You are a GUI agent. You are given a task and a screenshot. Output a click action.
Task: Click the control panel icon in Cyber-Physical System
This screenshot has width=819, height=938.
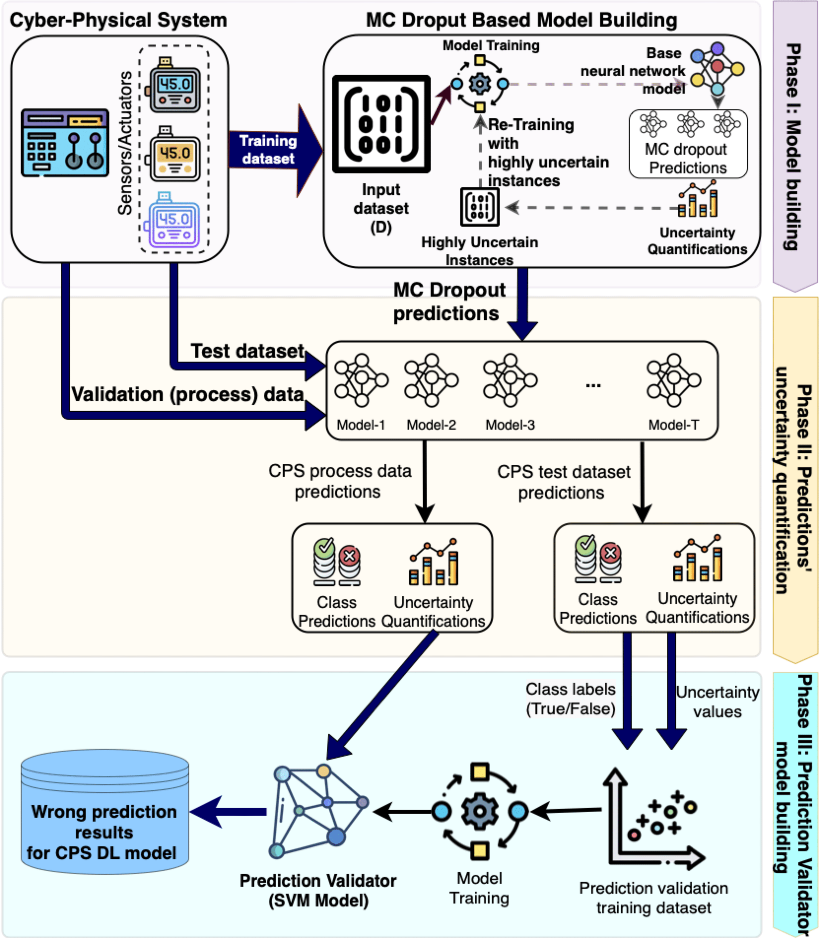click(65, 143)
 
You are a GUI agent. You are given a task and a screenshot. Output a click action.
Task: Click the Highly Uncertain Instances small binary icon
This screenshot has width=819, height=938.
click(479, 207)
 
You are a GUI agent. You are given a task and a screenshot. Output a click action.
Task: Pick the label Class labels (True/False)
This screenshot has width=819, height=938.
click(570, 699)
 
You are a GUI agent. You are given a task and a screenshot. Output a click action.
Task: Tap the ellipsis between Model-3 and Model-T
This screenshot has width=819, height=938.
click(593, 385)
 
